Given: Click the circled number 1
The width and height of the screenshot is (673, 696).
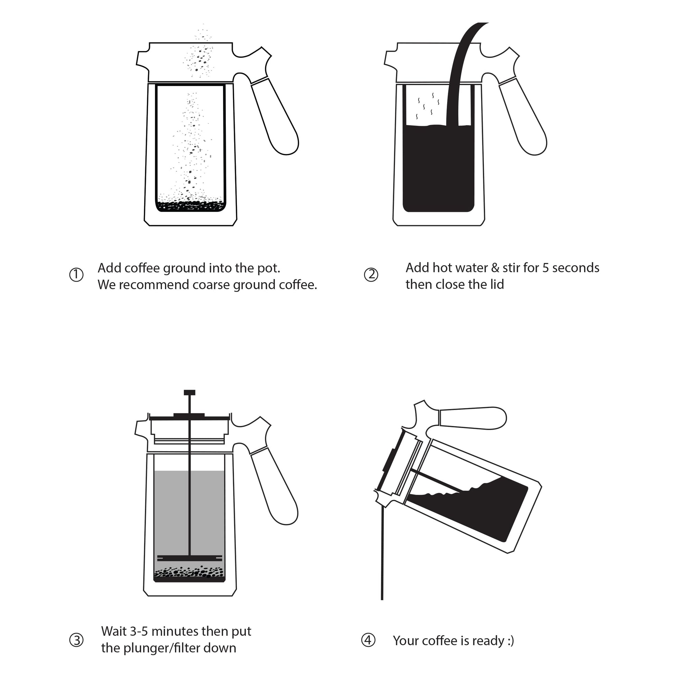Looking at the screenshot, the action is (76, 275).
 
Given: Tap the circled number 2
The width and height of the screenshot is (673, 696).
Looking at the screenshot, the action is (371, 275).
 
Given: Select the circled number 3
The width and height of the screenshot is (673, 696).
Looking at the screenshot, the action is (76, 640).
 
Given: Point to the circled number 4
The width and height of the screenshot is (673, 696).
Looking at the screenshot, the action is (368, 640).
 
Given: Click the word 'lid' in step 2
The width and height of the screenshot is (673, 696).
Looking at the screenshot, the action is (497, 285).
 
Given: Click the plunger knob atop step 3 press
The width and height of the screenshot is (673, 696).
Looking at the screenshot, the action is (189, 392).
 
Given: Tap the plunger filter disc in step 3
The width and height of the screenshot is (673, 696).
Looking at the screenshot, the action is (189, 558).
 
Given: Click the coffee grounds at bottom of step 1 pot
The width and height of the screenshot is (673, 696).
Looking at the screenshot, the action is (191, 206).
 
